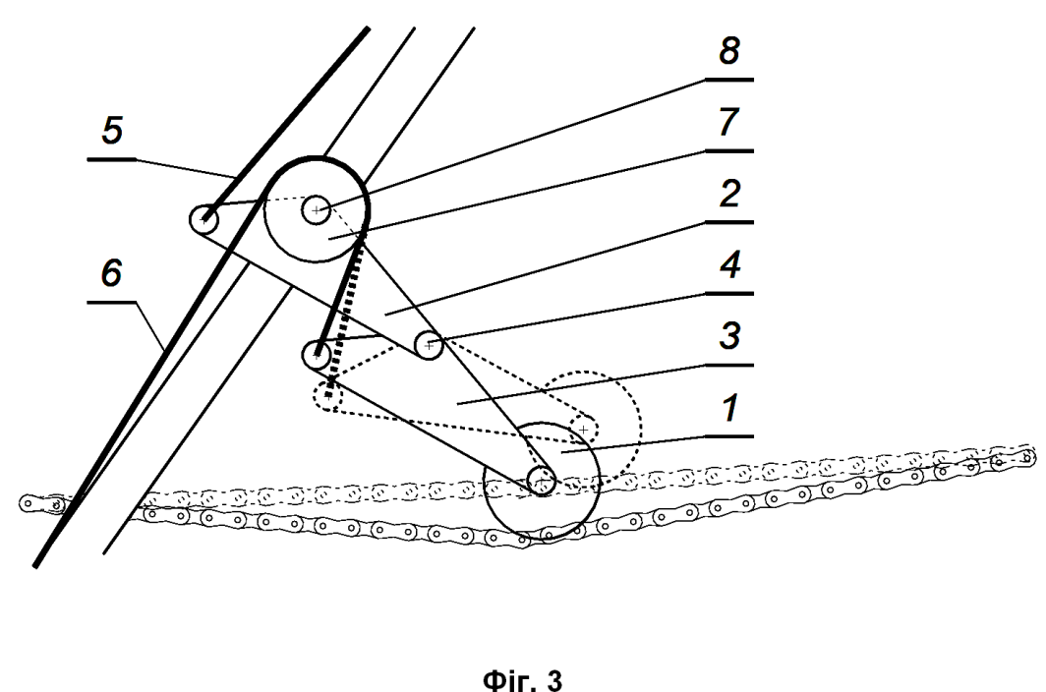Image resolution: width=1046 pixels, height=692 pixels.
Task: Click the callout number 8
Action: coord(729,50)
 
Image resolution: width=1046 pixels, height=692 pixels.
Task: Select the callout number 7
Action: coord(729,122)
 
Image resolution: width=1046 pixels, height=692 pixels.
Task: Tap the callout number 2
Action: coord(729,193)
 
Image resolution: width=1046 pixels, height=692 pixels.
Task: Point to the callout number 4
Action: coord(729,264)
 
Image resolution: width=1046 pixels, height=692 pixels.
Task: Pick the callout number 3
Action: coord(729,335)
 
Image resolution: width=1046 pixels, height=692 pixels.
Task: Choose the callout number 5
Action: coord(112,130)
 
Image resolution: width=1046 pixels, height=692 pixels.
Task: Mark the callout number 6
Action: coord(111,273)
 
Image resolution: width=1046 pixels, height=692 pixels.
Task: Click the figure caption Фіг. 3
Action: coord(522,680)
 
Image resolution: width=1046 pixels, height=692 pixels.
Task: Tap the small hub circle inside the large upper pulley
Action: coord(316,210)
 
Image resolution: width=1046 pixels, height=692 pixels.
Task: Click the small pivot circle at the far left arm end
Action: coord(203,219)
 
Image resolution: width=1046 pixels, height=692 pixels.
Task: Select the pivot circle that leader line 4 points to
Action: coord(429,345)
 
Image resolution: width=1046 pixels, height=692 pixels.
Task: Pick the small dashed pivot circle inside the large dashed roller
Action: coord(584,430)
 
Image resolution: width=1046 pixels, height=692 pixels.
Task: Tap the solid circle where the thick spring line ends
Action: coord(317,354)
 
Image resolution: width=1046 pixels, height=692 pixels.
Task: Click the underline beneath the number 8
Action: coord(729,80)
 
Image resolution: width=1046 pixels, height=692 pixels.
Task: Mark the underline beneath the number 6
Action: coord(111,302)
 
